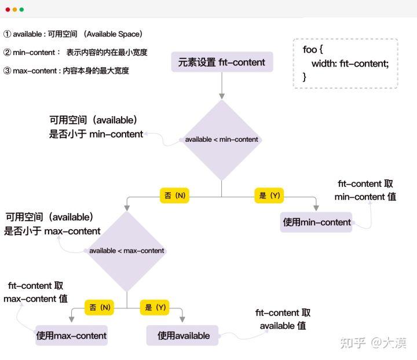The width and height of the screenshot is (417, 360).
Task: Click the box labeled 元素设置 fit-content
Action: [221, 63]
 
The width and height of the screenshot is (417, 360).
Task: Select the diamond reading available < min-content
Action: [221, 139]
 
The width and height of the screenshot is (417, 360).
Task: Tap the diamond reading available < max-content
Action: [126, 251]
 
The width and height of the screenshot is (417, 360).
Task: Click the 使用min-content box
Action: [317, 222]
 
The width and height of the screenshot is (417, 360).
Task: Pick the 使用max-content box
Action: [71, 336]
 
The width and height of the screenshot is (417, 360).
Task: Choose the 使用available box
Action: [184, 336]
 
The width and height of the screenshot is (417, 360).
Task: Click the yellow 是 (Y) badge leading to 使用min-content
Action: [269, 196]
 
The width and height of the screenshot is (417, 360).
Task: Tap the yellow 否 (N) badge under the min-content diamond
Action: [175, 196]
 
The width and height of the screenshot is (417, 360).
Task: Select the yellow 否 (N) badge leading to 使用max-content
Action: [100, 307]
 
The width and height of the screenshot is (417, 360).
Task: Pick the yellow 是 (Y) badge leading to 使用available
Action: [155, 307]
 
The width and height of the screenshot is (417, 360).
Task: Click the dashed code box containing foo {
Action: [345, 63]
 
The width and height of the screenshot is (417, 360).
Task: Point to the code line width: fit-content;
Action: [350, 63]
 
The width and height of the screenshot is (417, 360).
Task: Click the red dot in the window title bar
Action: [8, 9]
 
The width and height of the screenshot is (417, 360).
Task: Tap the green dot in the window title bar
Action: [22, 9]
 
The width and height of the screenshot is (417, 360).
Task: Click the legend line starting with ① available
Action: [73, 34]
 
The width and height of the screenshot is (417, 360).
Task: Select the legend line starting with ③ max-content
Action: [66, 71]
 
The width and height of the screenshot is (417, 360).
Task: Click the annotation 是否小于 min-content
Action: [96, 134]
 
